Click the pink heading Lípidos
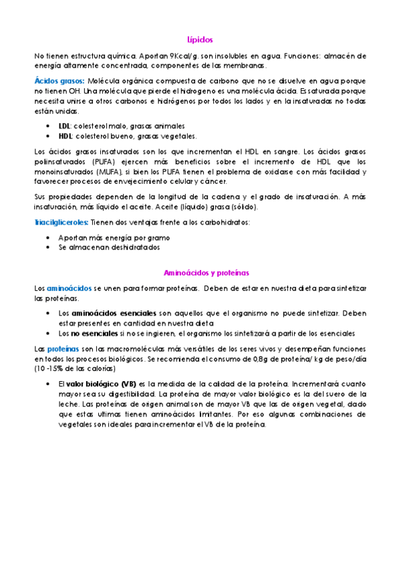pyautogui.click(x=200, y=40)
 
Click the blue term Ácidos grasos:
pyautogui.click(x=56, y=81)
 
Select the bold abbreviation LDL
pyautogui.click(x=64, y=126)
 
